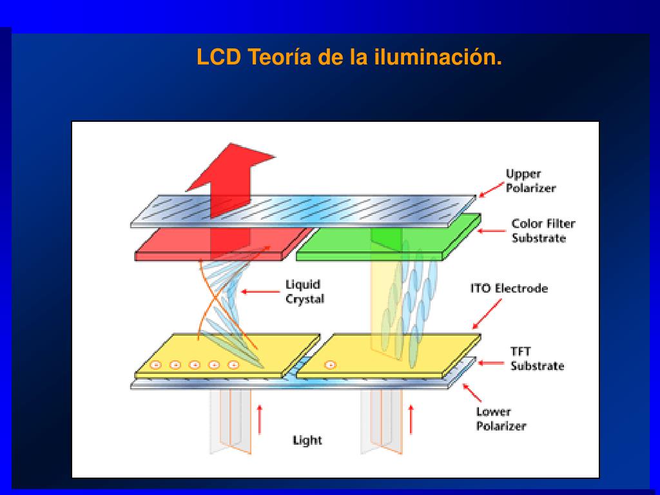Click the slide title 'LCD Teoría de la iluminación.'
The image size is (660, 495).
pyautogui.click(x=349, y=57)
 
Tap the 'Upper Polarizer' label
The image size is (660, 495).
pyautogui.click(x=530, y=181)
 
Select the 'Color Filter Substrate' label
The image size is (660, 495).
pyautogui.click(x=543, y=231)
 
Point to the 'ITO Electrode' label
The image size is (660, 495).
pyautogui.click(x=509, y=288)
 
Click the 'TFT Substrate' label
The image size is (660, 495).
pyautogui.click(x=537, y=358)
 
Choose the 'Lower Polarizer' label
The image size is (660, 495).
pyautogui.click(x=501, y=419)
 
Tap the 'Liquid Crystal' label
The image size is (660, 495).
pyautogui.click(x=305, y=292)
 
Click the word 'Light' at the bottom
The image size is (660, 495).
pyautogui.click(x=307, y=440)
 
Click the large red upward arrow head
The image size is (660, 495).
pyautogui.click(x=231, y=168)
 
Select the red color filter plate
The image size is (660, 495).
pyautogui.click(x=223, y=244)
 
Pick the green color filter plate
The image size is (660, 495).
pyautogui.click(x=388, y=238)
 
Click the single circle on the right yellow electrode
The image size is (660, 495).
pyautogui.click(x=331, y=365)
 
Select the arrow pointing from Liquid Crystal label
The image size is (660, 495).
pyautogui.click(x=260, y=291)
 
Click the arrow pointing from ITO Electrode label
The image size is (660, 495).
pyautogui.click(x=487, y=314)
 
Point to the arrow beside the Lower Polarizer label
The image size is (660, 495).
pyautogui.click(x=472, y=393)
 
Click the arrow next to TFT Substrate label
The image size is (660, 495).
pyautogui.click(x=490, y=363)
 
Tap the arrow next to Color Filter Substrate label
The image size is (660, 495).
pyautogui.click(x=491, y=231)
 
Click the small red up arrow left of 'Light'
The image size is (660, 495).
pyautogui.click(x=260, y=419)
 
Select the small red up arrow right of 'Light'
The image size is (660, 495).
pyautogui.click(x=411, y=419)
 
